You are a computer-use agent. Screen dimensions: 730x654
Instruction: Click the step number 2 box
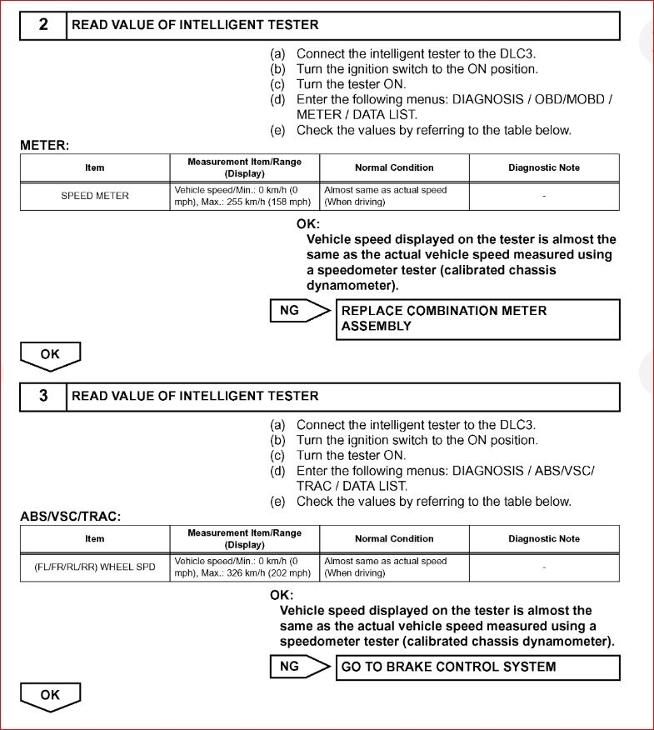coord(43,26)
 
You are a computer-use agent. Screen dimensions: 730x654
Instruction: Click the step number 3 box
coord(43,397)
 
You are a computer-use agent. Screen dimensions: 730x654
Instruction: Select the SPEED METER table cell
coord(95,197)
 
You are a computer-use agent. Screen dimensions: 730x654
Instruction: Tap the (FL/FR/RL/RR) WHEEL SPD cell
coord(95,567)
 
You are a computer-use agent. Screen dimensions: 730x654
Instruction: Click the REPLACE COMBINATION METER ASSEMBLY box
coord(477,318)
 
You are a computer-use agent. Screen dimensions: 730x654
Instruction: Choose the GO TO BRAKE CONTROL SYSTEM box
coord(477,667)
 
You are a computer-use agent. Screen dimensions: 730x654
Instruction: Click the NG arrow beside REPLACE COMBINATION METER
coord(299,311)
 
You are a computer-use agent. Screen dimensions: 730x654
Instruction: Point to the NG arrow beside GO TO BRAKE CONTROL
coord(299,667)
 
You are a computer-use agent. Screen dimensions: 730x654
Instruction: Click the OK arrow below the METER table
coord(50,355)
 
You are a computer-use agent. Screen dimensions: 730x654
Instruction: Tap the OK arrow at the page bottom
coord(50,696)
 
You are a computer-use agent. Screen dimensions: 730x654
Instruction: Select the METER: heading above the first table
coord(44,146)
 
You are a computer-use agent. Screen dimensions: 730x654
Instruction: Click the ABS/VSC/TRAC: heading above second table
coord(71,517)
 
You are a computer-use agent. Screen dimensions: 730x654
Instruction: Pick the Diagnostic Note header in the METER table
coord(544,167)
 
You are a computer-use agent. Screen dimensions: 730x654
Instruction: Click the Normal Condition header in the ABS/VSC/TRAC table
coord(394,539)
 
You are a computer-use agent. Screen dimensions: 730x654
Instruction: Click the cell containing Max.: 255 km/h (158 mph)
coord(244,197)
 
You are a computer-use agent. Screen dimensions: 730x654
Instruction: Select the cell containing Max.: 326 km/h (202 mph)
coord(244,567)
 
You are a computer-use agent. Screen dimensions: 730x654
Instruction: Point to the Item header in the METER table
coord(95,167)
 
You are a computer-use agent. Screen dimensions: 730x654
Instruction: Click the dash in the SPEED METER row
coord(544,197)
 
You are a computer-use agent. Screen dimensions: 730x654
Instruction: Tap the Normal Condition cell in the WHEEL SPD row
coord(394,567)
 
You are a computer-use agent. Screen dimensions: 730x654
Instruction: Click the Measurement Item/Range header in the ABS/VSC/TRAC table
coord(244,539)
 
